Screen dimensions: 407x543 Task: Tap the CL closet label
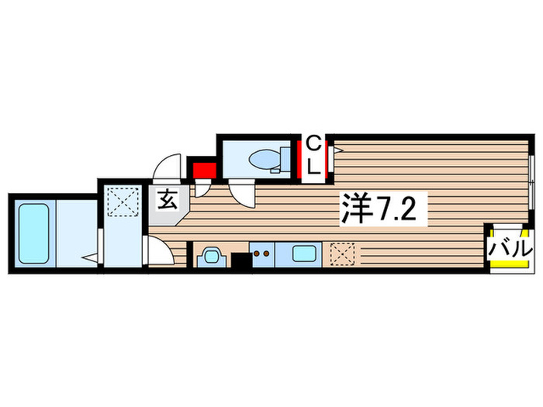click(x=313, y=155)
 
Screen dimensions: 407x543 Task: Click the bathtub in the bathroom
click(x=32, y=231)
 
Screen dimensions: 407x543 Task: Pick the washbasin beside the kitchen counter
click(x=209, y=255)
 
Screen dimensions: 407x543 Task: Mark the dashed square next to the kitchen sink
click(x=342, y=254)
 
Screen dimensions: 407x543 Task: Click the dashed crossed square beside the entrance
click(x=122, y=203)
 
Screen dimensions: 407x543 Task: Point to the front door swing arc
click(x=168, y=167)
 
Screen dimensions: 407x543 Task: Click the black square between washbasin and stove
click(x=241, y=260)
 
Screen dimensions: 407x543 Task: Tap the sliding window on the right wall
click(x=532, y=178)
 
